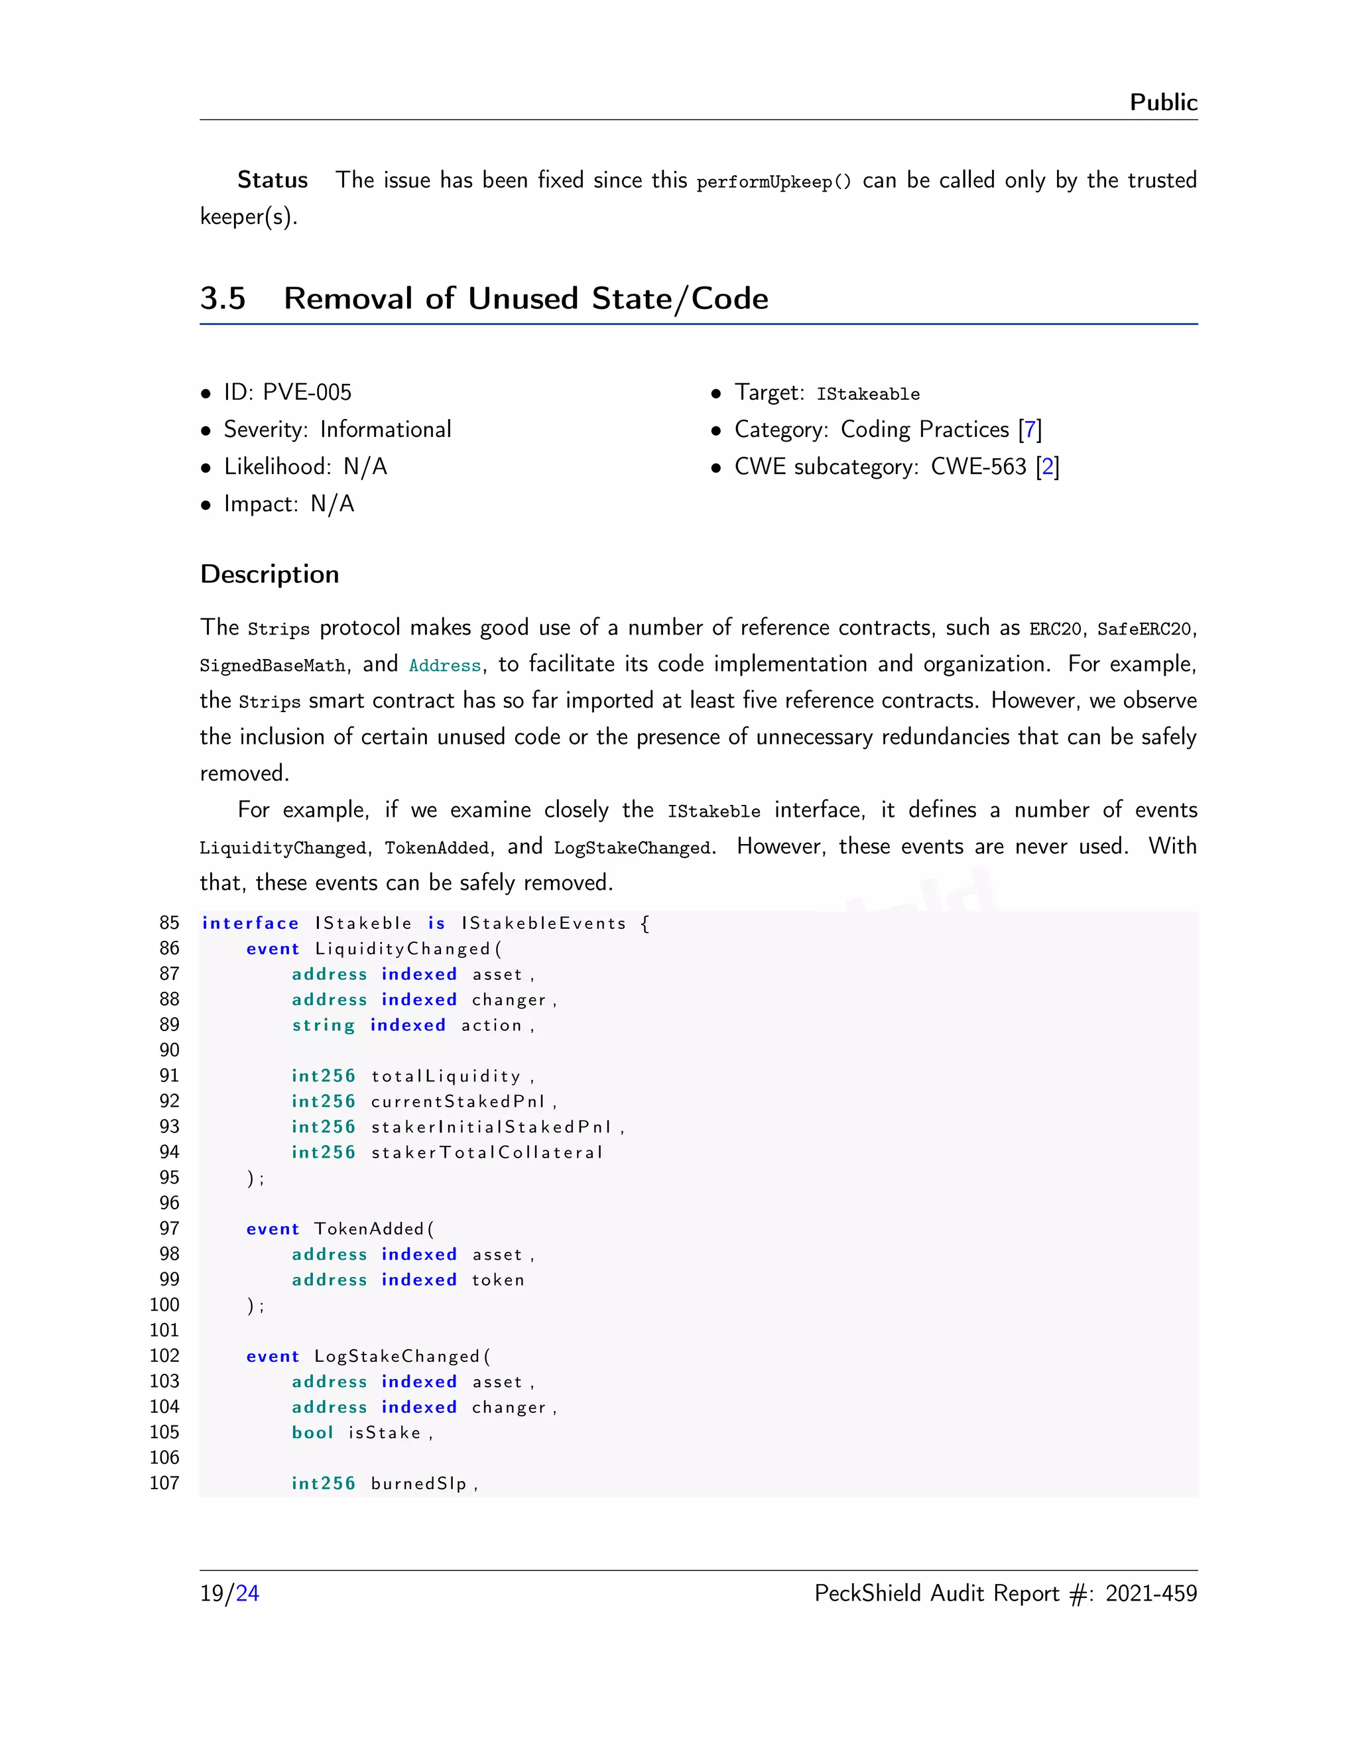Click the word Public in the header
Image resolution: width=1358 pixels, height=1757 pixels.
coord(1162,103)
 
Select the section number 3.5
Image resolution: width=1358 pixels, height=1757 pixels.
coord(223,298)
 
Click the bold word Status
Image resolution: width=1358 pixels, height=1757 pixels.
coord(272,180)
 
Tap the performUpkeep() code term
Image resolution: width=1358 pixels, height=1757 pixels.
coord(773,182)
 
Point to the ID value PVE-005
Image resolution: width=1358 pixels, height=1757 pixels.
coord(307,393)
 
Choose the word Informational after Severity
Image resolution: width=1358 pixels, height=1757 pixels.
coord(385,430)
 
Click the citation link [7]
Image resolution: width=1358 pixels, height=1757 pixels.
coord(1030,430)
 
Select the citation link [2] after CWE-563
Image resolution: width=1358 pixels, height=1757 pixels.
coord(1048,467)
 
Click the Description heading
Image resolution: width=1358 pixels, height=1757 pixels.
coord(269,574)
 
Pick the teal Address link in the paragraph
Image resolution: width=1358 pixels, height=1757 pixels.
coord(444,665)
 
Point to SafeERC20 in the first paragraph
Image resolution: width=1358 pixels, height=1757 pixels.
coord(1143,629)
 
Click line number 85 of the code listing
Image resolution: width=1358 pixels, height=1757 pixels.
coord(169,923)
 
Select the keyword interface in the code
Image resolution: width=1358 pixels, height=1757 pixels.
coord(250,924)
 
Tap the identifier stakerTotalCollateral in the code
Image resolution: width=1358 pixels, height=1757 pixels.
coord(486,1153)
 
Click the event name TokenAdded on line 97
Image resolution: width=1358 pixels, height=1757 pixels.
coord(369,1229)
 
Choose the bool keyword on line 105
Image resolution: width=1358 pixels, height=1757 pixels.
coord(312,1433)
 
